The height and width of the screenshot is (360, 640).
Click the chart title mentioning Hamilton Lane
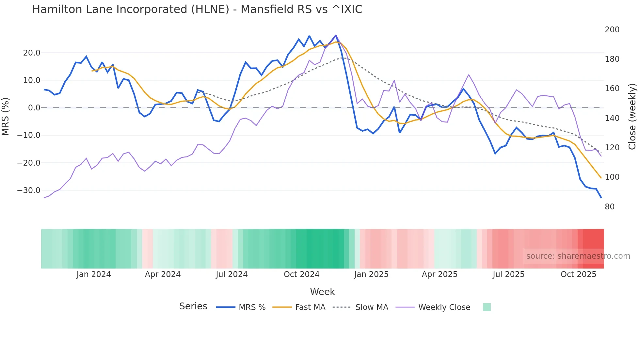[x=197, y=9]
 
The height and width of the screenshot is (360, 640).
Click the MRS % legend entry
[x=252, y=307]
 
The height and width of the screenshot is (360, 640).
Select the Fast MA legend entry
[x=310, y=307]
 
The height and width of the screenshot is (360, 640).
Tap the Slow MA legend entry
[x=371, y=307]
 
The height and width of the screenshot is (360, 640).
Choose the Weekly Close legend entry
[x=444, y=307]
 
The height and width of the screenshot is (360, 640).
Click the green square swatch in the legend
[x=487, y=307]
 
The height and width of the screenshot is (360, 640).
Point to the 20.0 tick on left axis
[x=32, y=53]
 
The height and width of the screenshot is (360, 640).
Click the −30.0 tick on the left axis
[x=29, y=190]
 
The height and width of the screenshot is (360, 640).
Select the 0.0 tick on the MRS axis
[x=34, y=108]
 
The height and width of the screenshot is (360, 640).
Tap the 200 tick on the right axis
[x=612, y=30]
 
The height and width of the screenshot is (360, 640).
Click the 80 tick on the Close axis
[x=610, y=207]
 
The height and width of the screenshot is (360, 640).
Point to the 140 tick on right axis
[x=612, y=118]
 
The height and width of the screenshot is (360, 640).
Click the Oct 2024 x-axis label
[x=301, y=274]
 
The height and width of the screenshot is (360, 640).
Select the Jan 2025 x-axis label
[x=371, y=274]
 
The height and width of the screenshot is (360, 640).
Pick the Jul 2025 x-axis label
[x=508, y=274]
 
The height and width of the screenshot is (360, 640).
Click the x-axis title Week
[x=322, y=292]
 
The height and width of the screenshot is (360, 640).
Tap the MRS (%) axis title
[x=6, y=116]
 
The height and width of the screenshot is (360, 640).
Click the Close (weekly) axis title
[x=632, y=116]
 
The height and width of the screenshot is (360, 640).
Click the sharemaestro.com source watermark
[x=578, y=256]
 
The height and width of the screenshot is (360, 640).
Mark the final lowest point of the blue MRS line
[x=601, y=197]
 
